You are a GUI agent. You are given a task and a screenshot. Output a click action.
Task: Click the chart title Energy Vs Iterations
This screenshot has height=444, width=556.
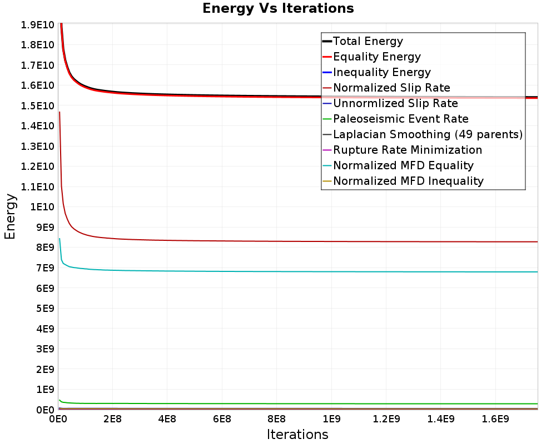pyautogui.click(x=278, y=8)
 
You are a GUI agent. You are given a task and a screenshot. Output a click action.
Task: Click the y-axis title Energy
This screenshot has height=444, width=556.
pyautogui.click(x=10, y=216)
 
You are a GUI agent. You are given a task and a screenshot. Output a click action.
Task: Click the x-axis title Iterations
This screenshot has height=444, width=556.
pyautogui.click(x=297, y=434)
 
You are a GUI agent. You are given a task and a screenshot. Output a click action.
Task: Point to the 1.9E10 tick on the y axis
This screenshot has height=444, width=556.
pyautogui.click(x=37, y=24)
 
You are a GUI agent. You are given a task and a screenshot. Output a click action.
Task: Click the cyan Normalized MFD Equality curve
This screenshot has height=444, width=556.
pyautogui.click(x=278, y=271)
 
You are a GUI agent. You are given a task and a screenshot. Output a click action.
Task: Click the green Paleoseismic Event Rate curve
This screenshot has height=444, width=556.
pyautogui.click(x=278, y=403)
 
